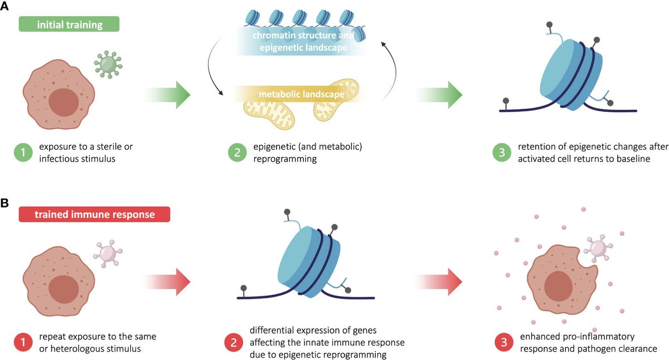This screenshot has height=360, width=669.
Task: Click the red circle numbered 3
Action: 503,343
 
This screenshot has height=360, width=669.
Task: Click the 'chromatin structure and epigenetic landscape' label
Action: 303,42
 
